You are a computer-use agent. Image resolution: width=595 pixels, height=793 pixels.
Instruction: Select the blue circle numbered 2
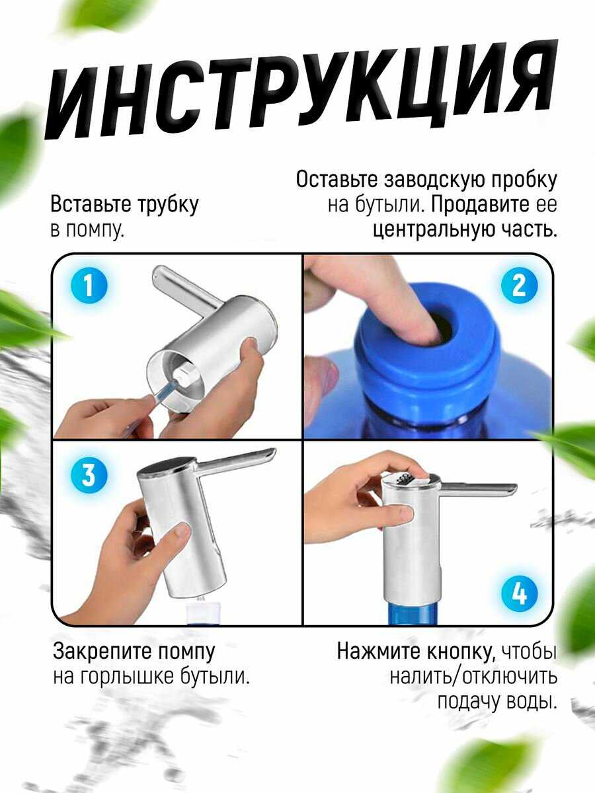click(519, 285)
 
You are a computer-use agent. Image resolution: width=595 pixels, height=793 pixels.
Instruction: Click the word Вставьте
click(91, 204)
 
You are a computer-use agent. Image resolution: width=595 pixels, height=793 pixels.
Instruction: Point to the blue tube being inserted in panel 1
click(165, 390)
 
